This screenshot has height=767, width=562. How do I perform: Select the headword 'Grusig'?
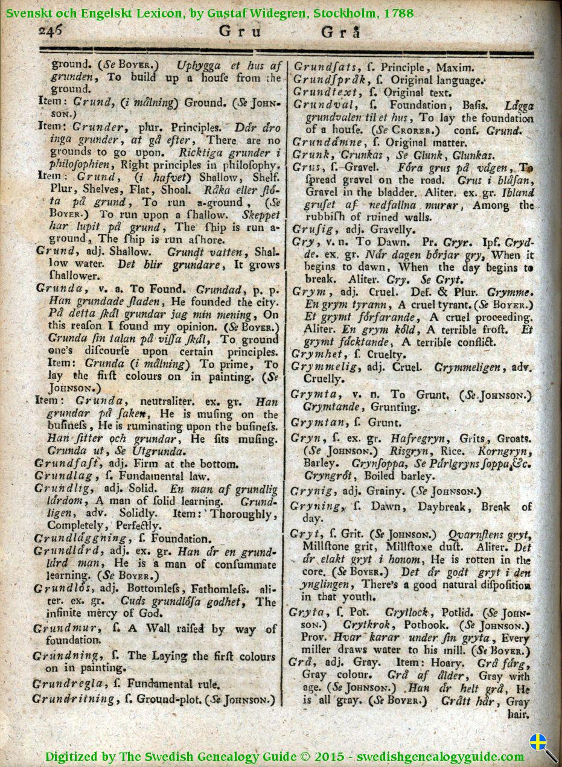click(x=310, y=229)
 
